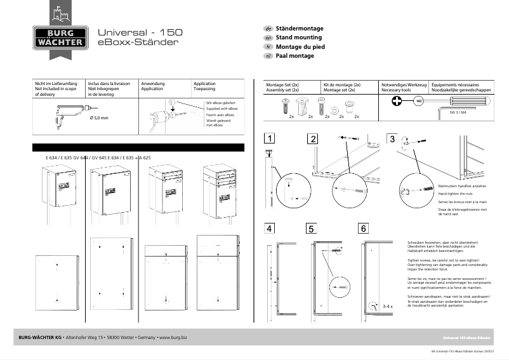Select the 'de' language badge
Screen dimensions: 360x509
268,29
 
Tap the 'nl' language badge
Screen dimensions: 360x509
268,56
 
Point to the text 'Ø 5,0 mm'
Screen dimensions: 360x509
100,118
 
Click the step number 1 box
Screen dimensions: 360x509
270,138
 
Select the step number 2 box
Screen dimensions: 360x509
313,138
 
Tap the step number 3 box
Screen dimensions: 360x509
392,138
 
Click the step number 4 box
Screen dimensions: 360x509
270,228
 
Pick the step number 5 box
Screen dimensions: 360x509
311,229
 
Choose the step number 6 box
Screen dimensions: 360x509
362,228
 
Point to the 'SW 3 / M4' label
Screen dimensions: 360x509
458,112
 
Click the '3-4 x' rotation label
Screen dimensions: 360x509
388,306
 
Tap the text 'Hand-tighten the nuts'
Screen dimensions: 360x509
438,193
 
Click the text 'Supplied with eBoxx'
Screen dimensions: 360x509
220,109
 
